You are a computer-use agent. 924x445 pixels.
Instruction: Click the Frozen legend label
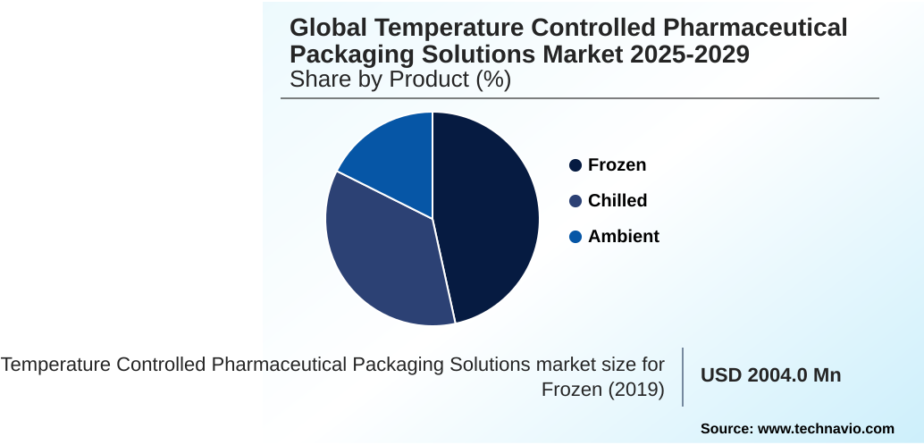tap(617, 165)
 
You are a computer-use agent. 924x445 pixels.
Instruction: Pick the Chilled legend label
tap(617, 201)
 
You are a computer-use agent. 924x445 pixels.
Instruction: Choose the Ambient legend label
tap(623, 237)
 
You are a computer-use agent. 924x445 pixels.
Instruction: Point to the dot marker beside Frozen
tap(575, 165)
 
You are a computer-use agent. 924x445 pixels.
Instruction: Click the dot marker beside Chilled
tap(575, 201)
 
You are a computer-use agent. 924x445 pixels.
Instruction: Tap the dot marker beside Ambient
tap(575, 237)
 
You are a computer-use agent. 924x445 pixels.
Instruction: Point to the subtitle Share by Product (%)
tap(400, 80)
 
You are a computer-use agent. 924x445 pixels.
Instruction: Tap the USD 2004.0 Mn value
tap(770, 375)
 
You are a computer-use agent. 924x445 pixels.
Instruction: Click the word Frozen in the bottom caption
tap(570, 390)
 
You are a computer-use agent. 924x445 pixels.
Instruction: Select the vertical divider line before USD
tap(684, 377)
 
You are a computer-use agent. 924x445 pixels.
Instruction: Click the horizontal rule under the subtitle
tap(580, 98)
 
